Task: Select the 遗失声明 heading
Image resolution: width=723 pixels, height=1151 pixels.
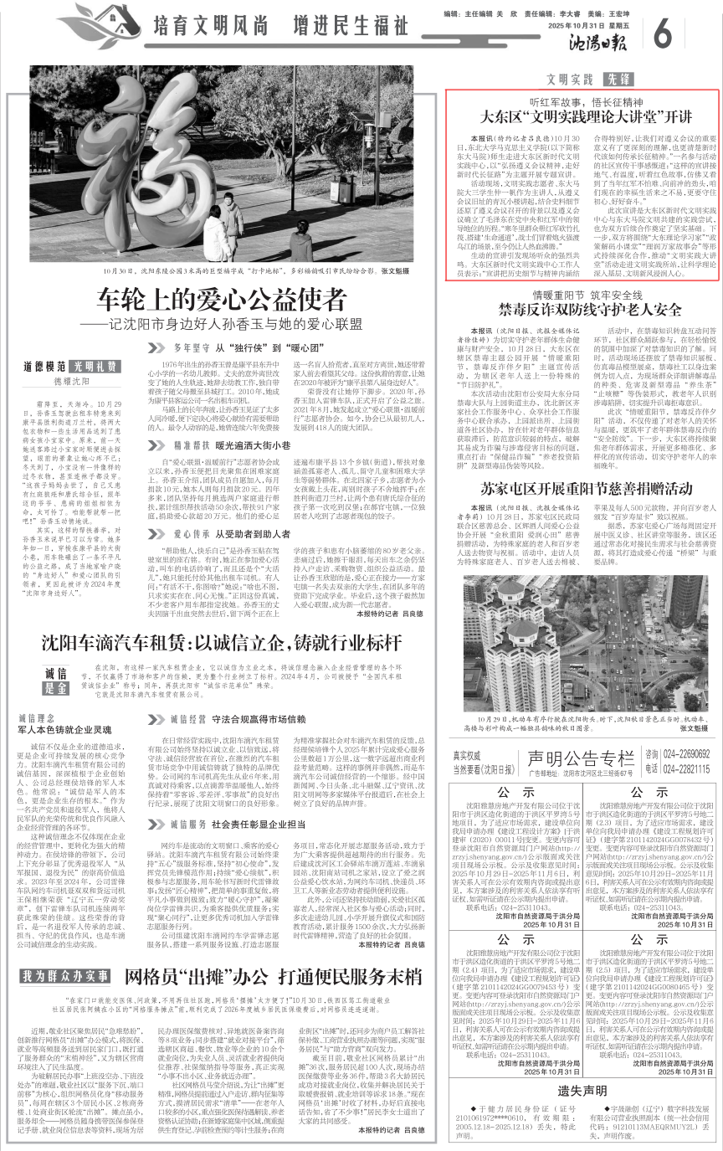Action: tap(579, 1091)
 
